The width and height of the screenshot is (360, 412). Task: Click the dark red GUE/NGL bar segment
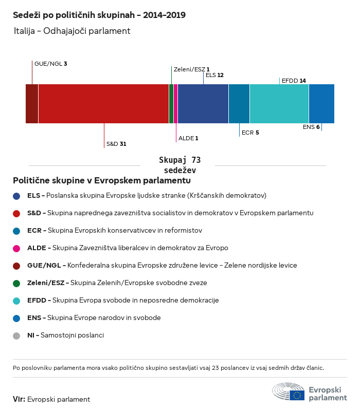pyautogui.click(x=32, y=104)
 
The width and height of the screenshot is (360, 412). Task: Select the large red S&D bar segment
pyautogui.click(x=103, y=104)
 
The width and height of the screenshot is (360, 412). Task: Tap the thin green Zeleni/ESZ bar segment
pyautogui.click(x=171, y=104)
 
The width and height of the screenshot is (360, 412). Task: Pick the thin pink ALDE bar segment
pyautogui.click(x=176, y=104)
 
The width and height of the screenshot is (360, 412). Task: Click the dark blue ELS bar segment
pyautogui.click(x=203, y=104)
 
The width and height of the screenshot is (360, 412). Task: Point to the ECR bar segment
pyautogui.click(x=239, y=104)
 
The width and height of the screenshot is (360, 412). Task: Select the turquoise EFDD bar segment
pyautogui.click(x=279, y=104)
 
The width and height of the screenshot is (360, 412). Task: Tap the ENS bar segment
pyautogui.click(x=322, y=104)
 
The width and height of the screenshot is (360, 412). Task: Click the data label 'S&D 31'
pyautogui.click(x=116, y=144)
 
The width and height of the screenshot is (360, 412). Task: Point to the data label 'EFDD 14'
pyautogui.click(x=294, y=81)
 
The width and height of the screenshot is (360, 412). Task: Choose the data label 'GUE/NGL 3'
pyautogui.click(x=51, y=64)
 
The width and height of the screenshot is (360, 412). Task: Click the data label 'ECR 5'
pyautogui.click(x=250, y=133)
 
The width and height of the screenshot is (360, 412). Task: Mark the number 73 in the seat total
pyautogui.click(x=196, y=160)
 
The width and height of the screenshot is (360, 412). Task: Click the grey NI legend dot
pyautogui.click(x=16, y=336)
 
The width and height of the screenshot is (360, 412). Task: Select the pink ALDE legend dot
pyautogui.click(x=16, y=248)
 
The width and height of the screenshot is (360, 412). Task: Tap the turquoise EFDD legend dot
pyautogui.click(x=16, y=301)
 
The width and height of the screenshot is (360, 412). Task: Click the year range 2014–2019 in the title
pyautogui.click(x=165, y=15)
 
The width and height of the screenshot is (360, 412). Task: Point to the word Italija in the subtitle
pyautogui.click(x=25, y=31)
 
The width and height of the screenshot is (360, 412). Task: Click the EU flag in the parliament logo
pyautogui.click(x=297, y=395)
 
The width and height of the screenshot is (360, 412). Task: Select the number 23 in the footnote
pyautogui.click(x=215, y=368)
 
